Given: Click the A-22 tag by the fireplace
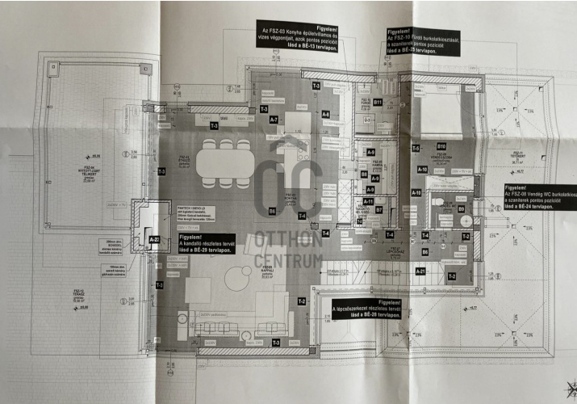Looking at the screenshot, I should click(x=153, y=239).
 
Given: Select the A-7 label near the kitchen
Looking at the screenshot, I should click(x=274, y=120).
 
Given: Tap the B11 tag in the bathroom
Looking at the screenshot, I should click(x=377, y=103).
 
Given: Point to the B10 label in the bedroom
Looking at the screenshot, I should click(x=441, y=146).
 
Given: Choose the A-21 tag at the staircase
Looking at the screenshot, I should click(x=420, y=271).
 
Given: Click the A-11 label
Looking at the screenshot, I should click(x=368, y=202).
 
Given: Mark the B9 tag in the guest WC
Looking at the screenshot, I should click(x=462, y=209).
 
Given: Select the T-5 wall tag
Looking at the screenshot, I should click(x=416, y=149).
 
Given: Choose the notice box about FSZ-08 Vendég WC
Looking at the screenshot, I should click(x=537, y=196).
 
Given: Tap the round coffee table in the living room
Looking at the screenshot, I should click(x=238, y=280).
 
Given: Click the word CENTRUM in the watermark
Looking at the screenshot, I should click(x=288, y=260).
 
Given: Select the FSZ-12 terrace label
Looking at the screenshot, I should click(x=80, y=294).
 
